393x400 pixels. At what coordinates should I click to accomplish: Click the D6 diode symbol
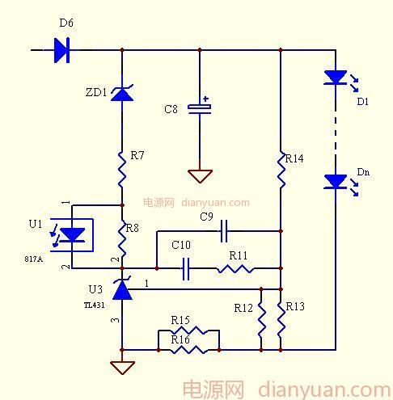[62, 50]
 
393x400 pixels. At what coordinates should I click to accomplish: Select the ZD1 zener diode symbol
[122, 93]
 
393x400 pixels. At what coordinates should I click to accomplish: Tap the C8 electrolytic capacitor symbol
[200, 109]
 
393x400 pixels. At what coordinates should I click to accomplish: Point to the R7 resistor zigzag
[122, 170]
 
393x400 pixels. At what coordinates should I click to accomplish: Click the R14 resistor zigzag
[281, 170]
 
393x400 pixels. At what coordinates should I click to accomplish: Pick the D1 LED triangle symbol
[336, 78]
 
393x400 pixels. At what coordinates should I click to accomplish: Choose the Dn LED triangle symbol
[336, 182]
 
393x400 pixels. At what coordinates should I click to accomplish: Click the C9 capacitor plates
[224, 231]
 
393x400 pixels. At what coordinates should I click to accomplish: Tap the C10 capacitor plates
[186, 268]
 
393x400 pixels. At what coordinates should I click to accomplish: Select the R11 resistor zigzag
[235, 269]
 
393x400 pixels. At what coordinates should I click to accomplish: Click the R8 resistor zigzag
[122, 238]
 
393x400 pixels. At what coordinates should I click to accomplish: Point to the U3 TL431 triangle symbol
[122, 290]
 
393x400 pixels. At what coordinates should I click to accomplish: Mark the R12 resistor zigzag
[261, 320]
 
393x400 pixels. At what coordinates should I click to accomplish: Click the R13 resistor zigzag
[281, 320]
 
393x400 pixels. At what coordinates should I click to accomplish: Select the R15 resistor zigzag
[188, 330]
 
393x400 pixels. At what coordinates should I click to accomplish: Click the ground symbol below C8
[200, 176]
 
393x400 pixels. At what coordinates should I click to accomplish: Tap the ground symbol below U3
[122, 368]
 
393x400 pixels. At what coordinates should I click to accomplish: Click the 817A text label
[33, 259]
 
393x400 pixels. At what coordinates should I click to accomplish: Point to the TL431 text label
[94, 305]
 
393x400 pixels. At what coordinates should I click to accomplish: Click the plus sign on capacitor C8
[206, 99]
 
